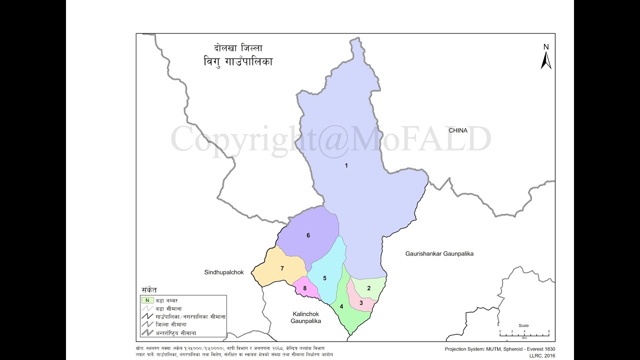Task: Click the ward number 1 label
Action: pos(346,165)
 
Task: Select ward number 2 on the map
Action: pos(369,288)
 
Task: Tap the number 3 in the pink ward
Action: pos(361,302)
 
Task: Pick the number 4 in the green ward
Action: pos(341,306)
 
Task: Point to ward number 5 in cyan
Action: pos(324,278)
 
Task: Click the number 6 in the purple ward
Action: pos(308,235)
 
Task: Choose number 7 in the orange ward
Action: pos(282,268)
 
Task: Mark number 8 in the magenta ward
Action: pos(304,288)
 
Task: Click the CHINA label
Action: pos(458,130)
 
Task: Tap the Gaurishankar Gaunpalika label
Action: pos(439,254)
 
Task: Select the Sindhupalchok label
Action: pos(223,272)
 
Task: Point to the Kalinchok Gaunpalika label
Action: pos(306,317)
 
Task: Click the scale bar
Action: pos(524,332)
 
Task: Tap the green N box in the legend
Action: pos(147,300)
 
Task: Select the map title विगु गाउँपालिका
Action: pos(234,62)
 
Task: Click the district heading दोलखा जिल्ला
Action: pos(238,48)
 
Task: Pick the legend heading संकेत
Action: pos(149,290)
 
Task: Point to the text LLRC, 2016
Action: pos(542,355)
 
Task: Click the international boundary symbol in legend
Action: pos(147,332)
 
